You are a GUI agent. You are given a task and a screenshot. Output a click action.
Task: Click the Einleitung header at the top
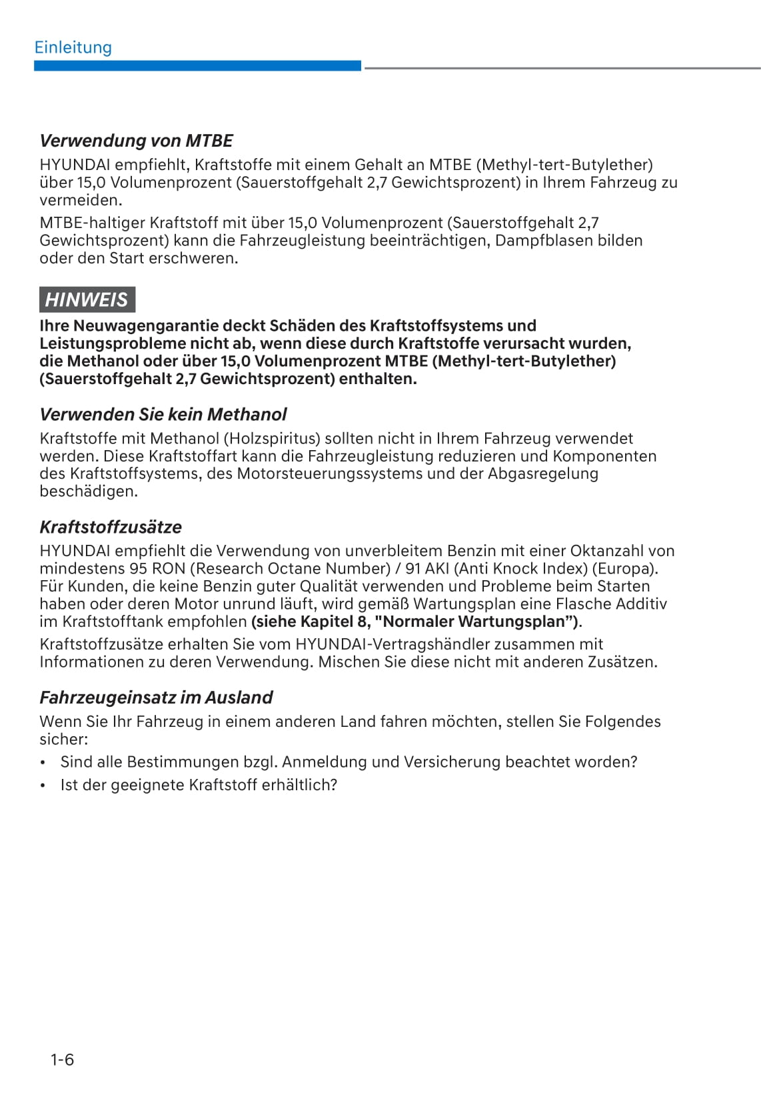coord(73,47)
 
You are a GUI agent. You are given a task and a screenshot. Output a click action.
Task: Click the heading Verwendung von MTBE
coord(136,141)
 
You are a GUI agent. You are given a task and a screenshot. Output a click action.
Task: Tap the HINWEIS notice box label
coord(87,299)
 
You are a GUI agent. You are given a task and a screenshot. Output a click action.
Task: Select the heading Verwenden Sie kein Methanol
coord(163,414)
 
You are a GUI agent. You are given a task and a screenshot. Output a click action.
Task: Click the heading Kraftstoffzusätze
coord(111,527)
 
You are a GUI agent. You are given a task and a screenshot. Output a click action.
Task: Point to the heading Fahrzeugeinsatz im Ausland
coord(156,698)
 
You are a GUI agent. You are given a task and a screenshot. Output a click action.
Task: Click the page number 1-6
coord(62,1060)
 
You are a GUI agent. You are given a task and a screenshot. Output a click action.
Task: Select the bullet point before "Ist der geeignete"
coord(43,786)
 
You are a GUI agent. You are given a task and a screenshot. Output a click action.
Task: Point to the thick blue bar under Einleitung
coord(197,65)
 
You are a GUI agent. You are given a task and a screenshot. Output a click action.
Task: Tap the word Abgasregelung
coord(543,474)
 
